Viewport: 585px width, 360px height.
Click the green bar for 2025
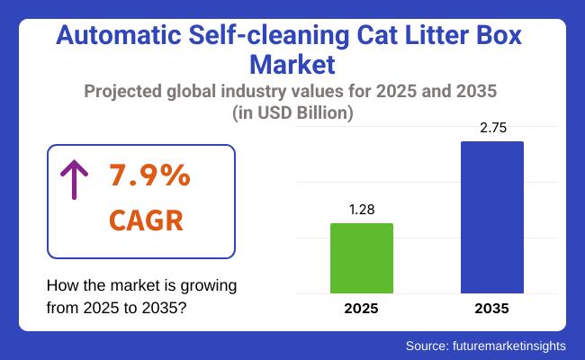click(362, 258)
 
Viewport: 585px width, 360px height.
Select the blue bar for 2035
click(491, 217)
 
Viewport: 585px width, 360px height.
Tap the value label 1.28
click(362, 209)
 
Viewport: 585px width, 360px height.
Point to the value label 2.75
click(491, 128)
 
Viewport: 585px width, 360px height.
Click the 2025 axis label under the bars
click(362, 309)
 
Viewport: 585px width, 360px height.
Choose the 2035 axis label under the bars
click(491, 309)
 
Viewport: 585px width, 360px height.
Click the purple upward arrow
click(70, 181)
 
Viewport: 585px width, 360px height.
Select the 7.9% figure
click(150, 176)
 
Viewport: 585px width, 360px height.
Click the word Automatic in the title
click(110, 38)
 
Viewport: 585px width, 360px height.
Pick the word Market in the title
click(292, 65)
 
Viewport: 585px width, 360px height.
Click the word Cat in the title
click(360, 38)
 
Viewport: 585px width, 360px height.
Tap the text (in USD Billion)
click(292, 113)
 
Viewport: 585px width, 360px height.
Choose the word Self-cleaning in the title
click(256, 38)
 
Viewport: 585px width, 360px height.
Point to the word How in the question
click(61, 285)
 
